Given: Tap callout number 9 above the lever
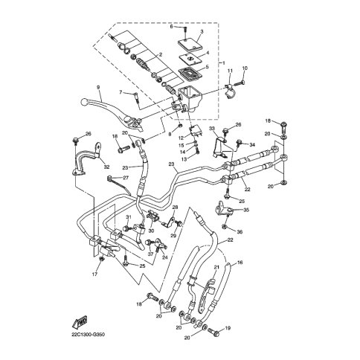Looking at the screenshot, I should [x=97, y=87].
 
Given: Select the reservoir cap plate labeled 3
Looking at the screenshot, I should [x=191, y=42].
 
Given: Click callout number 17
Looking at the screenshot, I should [x=95, y=275].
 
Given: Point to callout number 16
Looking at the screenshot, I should [x=240, y=263].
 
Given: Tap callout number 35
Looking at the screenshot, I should [x=247, y=210].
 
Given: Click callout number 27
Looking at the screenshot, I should [x=126, y=178].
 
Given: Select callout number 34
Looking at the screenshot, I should [x=251, y=144].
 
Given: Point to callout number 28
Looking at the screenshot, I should [x=175, y=208].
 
